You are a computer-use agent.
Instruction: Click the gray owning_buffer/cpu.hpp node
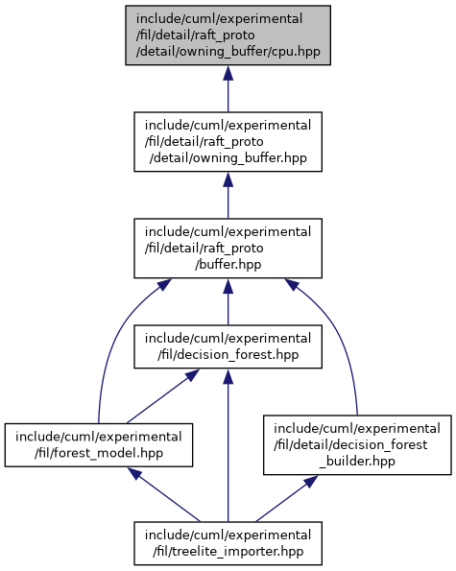pyautogui.click(x=228, y=36)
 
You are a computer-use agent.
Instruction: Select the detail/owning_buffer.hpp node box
pyautogui.click(x=228, y=142)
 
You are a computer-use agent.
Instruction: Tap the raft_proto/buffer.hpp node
pyautogui.click(x=228, y=249)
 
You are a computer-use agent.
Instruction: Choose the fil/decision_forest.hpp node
pyautogui.click(x=228, y=346)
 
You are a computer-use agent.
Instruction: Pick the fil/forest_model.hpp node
pyautogui.click(x=99, y=445)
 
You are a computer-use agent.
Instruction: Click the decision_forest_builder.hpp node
pyautogui.click(x=357, y=444)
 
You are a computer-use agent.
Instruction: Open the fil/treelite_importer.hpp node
pyautogui.click(x=228, y=543)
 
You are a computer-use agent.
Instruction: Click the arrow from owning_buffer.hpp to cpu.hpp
pyautogui.click(x=228, y=89)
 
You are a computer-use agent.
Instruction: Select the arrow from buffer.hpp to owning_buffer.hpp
pyautogui.click(x=228, y=195)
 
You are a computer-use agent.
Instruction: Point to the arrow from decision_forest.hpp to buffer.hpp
pyautogui.click(x=228, y=302)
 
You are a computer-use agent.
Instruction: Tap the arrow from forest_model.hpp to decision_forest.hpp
pyautogui.click(x=163, y=396)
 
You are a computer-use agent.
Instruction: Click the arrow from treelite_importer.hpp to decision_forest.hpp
pyautogui.click(x=228, y=445)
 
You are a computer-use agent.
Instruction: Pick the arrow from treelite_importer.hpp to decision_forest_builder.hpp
pyautogui.click(x=287, y=498)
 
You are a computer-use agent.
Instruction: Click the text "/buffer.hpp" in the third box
pyautogui.click(x=228, y=264)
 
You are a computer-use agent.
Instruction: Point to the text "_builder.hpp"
pyautogui.click(x=357, y=461)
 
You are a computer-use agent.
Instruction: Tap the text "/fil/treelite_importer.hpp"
pyautogui.click(x=228, y=552)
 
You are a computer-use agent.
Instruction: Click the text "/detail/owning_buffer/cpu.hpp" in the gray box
pyautogui.click(x=228, y=52)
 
